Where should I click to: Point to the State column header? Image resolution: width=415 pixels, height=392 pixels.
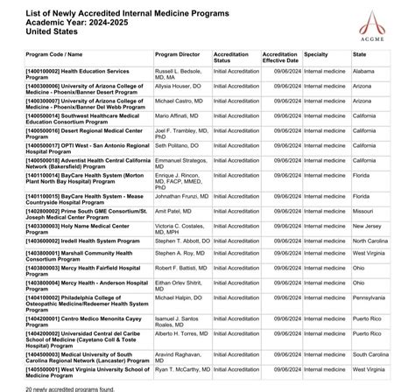359,54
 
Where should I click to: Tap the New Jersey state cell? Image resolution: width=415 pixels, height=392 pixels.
368,226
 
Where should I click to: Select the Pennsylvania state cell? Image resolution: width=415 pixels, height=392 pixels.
371,298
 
